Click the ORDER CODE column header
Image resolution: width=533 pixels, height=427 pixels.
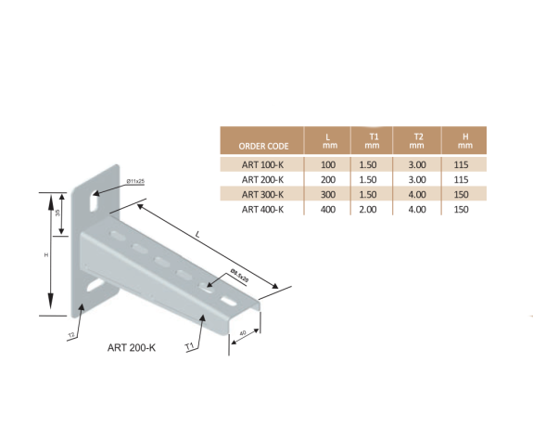click(264, 146)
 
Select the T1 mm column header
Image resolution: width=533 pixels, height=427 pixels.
click(373, 141)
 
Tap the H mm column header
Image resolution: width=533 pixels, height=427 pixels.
click(466, 141)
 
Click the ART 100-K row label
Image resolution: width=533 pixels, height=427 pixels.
click(262, 163)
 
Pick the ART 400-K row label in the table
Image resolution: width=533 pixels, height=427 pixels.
click(262, 209)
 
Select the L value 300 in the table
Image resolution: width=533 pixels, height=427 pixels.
click(327, 194)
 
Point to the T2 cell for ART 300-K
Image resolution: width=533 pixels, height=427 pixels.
click(417, 194)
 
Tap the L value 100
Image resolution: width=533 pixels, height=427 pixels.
click(327, 163)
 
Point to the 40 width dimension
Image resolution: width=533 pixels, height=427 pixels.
click(242, 332)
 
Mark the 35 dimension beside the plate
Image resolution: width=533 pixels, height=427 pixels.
click(57, 213)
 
